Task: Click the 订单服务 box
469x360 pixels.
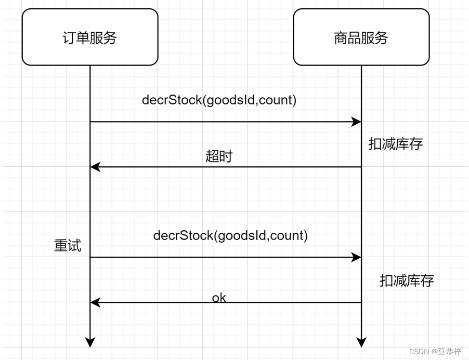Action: pyautogui.click(x=90, y=37)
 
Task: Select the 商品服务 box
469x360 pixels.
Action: pyautogui.click(x=361, y=37)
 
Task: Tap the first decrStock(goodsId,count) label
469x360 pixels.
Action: pyautogui.click(x=219, y=100)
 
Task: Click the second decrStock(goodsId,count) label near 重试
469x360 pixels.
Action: pyautogui.click(x=230, y=235)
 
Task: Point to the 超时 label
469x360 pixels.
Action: pyautogui.click(x=219, y=156)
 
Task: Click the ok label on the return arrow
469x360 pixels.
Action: pyautogui.click(x=219, y=298)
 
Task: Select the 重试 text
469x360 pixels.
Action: pyautogui.click(x=68, y=245)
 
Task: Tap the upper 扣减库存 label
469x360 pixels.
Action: pyautogui.click(x=395, y=144)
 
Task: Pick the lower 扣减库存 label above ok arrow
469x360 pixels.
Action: pyautogui.click(x=407, y=281)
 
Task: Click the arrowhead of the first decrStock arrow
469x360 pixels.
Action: pyautogui.click(x=357, y=122)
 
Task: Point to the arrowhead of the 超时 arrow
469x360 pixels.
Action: pyautogui.click(x=95, y=167)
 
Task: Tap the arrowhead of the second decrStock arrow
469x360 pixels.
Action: pyautogui.click(x=357, y=257)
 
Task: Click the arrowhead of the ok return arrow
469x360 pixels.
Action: pyautogui.click(x=95, y=302)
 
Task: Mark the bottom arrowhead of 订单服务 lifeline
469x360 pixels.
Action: pyautogui.click(x=90, y=342)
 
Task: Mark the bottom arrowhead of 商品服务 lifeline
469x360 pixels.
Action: pyautogui.click(x=361, y=342)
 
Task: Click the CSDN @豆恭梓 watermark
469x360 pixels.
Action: pyautogui.click(x=435, y=352)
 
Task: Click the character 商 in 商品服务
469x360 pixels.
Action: pyautogui.click(x=340, y=37)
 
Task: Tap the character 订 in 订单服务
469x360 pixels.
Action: pyautogui.click(x=69, y=37)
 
